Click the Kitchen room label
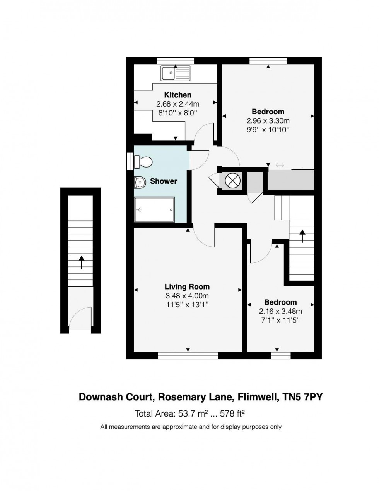click(x=178, y=95)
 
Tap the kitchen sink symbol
click(x=176, y=73)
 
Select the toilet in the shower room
click(x=143, y=162)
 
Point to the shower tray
click(x=154, y=210)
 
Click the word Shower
click(x=163, y=181)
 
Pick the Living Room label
click(x=187, y=287)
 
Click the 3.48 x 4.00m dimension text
click(x=187, y=296)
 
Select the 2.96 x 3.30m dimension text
click(x=268, y=121)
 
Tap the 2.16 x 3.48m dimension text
click(x=280, y=311)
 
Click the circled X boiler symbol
click(x=230, y=180)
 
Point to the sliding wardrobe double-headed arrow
click(x=280, y=165)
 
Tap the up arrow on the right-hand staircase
click(x=302, y=236)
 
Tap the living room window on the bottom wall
click(x=188, y=356)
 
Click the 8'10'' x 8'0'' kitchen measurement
click(x=178, y=113)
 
